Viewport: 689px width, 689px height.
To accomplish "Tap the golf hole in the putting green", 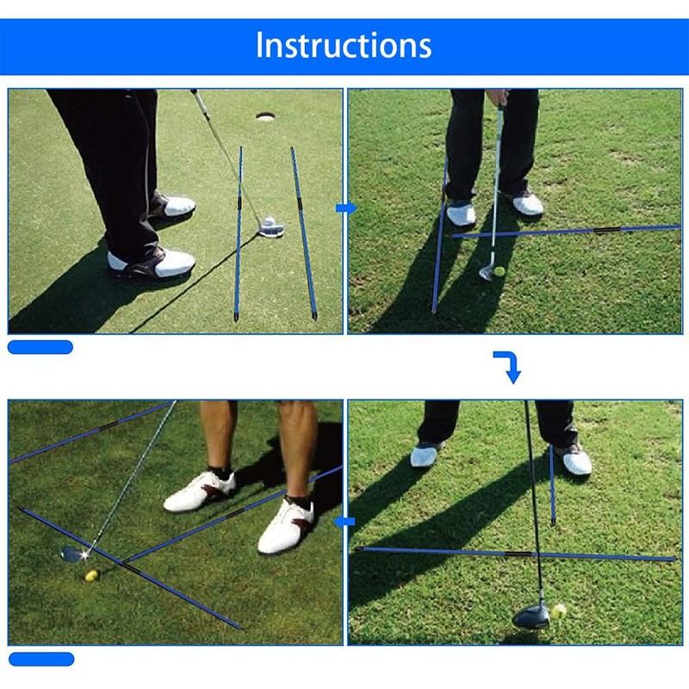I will (x=265, y=115).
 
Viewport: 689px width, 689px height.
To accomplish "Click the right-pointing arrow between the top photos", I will (x=345, y=208).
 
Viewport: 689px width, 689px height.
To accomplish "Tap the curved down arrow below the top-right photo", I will (x=509, y=366).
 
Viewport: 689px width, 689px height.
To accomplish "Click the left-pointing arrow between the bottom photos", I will (x=345, y=521).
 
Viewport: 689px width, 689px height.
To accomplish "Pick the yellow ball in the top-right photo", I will (x=499, y=271).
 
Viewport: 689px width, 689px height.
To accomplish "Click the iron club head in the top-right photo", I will (x=487, y=273).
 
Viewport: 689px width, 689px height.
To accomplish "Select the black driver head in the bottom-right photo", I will (x=531, y=615).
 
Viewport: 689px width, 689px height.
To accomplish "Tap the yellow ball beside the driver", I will (x=560, y=611).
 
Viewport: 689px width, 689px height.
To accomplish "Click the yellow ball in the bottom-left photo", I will (x=90, y=575).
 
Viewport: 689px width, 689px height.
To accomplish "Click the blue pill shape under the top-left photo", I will (x=40, y=347).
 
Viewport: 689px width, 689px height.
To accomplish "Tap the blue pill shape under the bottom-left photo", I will (x=40, y=659).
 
